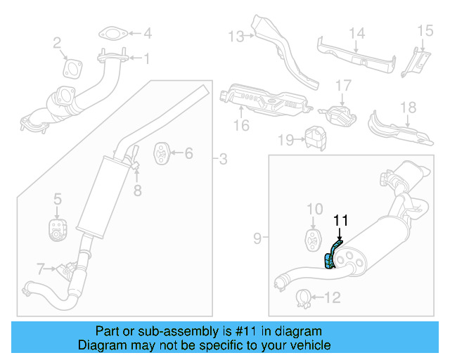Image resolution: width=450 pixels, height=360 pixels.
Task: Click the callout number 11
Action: point(340,220)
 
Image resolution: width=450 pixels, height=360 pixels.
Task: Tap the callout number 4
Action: point(147,33)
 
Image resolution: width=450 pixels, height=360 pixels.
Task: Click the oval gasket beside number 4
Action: point(111,33)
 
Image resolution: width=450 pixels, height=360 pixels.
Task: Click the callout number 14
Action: point(357,32)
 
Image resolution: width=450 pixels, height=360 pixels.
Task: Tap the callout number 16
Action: point(241,126)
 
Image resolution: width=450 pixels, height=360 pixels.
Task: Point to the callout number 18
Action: point(409,108)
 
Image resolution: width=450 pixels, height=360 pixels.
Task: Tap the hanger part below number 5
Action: point(57,229)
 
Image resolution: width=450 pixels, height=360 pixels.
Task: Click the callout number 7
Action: point(41,267)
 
